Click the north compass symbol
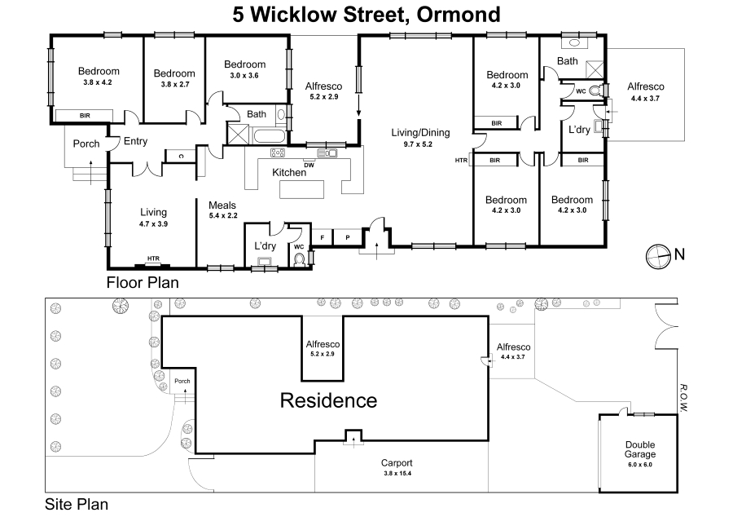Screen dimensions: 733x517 pos(658,256)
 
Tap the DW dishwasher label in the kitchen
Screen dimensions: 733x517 pos(309,165)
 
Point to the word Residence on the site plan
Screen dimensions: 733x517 pos(328,400)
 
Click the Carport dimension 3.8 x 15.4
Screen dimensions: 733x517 pos(397,473)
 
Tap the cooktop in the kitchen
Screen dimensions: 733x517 pos(278,152)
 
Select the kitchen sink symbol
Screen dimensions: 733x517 pos(327,152)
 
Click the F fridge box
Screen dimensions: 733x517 pos(322,237)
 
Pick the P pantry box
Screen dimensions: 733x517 pos(347,237)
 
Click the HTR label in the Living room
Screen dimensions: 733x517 pos(153,258)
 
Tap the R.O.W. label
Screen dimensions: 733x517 pos(683,398)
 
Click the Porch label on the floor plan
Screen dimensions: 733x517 pos(86,144)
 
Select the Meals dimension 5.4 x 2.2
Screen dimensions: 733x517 pos(223,216)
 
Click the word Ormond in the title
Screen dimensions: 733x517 pos(458,14)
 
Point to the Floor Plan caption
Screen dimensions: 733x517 pos(143,283)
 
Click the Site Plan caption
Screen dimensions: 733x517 pos(77,505)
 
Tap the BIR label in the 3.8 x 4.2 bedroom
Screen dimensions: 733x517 pos(85,116)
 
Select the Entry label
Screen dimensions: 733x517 pos(135,141)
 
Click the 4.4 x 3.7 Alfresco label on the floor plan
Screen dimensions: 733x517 pos(645,91)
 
